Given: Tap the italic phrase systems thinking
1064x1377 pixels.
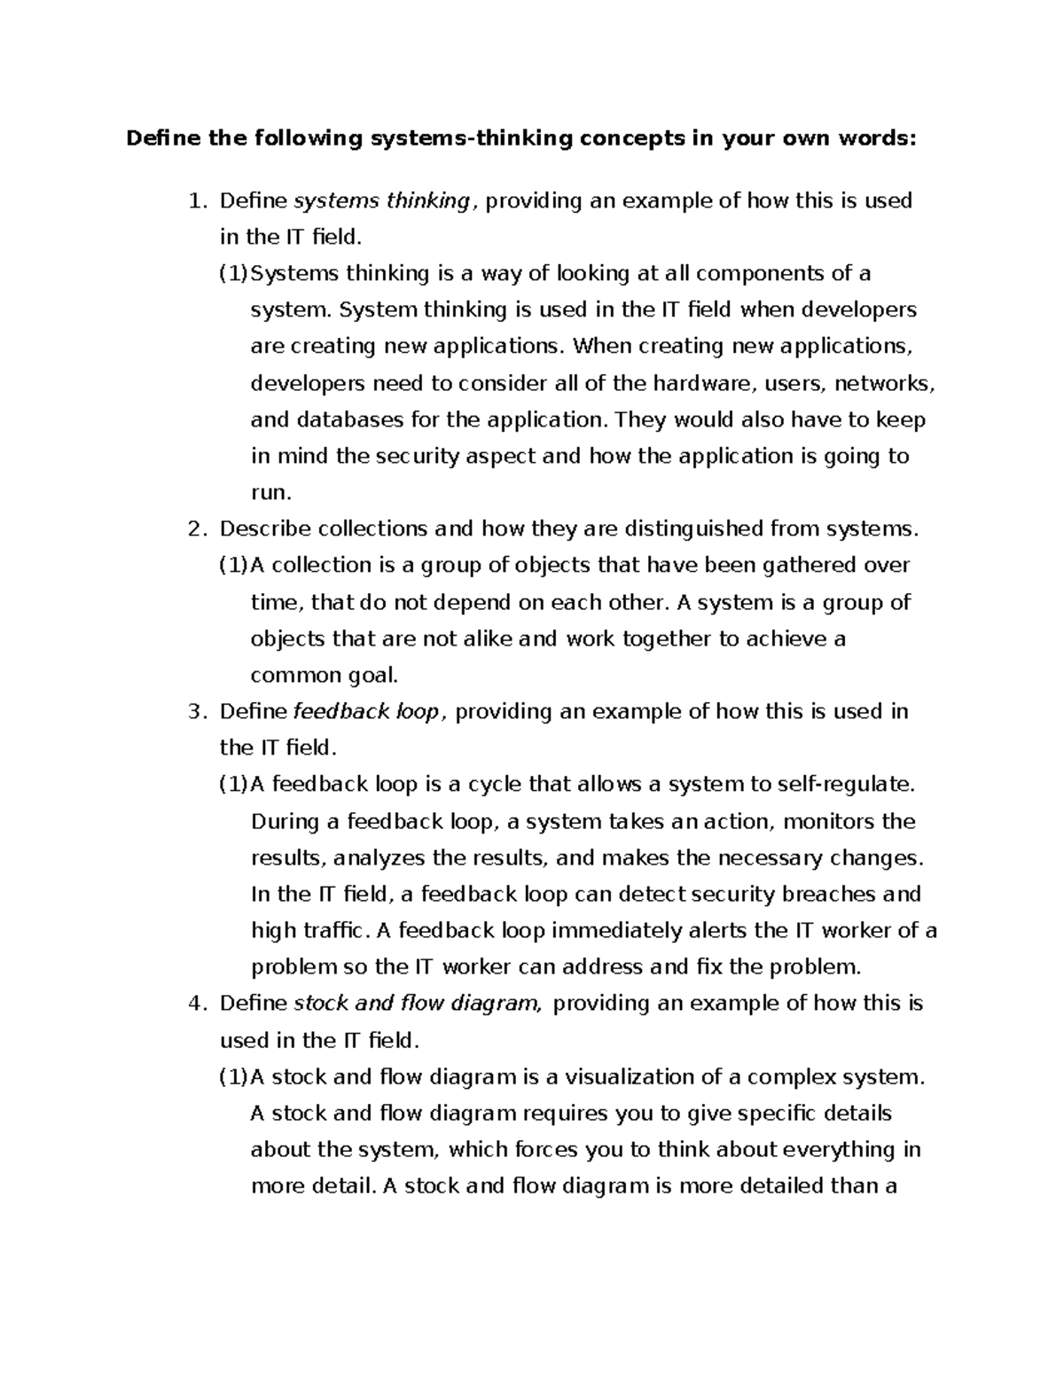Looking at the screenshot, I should (x=381, y=201).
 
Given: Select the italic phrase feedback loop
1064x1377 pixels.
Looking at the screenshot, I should (x=365, y=711).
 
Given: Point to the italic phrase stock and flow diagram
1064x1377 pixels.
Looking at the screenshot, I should (x=415, y=1003).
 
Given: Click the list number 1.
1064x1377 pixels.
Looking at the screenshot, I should (x=196, y=201).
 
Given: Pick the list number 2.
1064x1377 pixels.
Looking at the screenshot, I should (x=196, y=529).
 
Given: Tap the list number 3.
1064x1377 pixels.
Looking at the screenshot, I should (x=196, y=711).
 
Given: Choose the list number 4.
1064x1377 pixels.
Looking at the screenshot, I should (x=196, y=1003).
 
